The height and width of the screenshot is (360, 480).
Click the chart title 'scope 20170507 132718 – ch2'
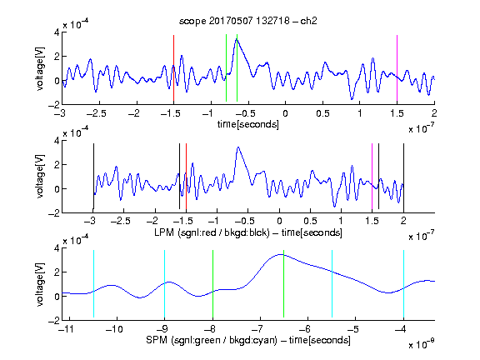click(248, 21)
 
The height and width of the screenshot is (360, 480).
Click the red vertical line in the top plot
click(173, 68)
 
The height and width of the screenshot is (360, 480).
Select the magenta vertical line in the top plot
click(397, 68)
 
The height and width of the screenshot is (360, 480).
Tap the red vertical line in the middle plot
click(186, 177)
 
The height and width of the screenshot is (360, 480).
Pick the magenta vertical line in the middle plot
click(372, 177)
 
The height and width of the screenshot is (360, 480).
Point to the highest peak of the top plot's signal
click(237, 38)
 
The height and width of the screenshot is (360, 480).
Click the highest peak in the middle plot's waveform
click(238, 147)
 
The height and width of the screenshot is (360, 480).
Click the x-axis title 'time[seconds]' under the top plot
click(248, 124)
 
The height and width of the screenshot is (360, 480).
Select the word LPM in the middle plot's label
click(164, 232)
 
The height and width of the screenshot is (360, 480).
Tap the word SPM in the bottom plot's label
click(157, 340)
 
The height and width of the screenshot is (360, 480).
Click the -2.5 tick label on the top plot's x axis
click(96, 113)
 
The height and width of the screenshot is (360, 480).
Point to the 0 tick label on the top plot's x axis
click(285, 113)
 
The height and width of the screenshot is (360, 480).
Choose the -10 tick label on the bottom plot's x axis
click(114, 329)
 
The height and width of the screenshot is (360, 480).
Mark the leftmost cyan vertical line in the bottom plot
click(93, 284)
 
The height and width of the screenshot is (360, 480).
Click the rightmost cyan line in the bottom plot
click(403, 284)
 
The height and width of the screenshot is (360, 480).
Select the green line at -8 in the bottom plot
click(212, 284)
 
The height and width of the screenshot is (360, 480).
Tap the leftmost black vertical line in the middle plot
click(93, 177)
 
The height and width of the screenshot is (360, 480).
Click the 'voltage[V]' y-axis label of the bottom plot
click(40, 284)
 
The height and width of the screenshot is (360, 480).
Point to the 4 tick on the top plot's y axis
click(57, 32)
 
